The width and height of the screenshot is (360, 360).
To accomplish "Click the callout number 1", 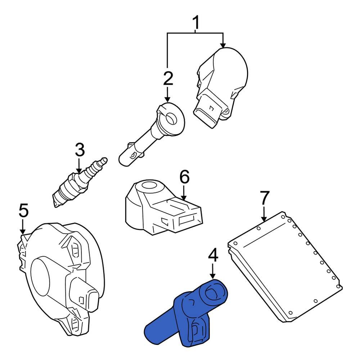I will [x=196, y=23].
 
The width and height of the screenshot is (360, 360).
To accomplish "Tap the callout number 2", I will [x=167, y=78].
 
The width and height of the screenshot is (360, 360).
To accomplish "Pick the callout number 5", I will [x=23, y=211].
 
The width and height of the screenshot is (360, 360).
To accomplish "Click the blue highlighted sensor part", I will [x=187, y=313].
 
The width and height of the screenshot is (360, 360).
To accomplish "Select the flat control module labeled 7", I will [x=284, y=266].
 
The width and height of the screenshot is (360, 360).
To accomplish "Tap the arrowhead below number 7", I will [x=264, y=218].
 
